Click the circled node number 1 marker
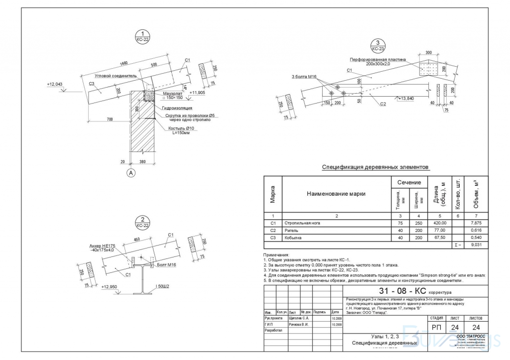click(143, 34)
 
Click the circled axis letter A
click(131, 173)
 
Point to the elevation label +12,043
click(55, 84)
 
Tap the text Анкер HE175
click(102, 246)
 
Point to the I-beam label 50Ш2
click(162, 286)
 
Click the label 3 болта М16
click(304, 77)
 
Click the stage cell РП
click(436, 327)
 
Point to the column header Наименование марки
click(336, 194)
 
